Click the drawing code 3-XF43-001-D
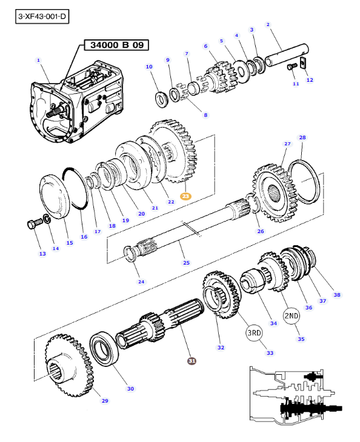(x=42, y=16)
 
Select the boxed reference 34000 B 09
(x=116, y=45)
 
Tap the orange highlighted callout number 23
(x=185, y=196)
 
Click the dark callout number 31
(x=192, y=361)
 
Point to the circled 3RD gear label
(x=254, y=333)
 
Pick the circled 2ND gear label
(x=292, y=315)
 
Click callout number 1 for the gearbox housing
(x=38, y=61)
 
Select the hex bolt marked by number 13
(x=35, y=224)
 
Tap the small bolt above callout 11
(x=292, y=67)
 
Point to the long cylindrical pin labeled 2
(x=287, y=55)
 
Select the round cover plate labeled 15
(x=55, y=196)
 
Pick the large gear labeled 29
(x=70, y=365)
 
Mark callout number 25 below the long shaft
(x=186, y=263)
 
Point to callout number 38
(x=337, y=295)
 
